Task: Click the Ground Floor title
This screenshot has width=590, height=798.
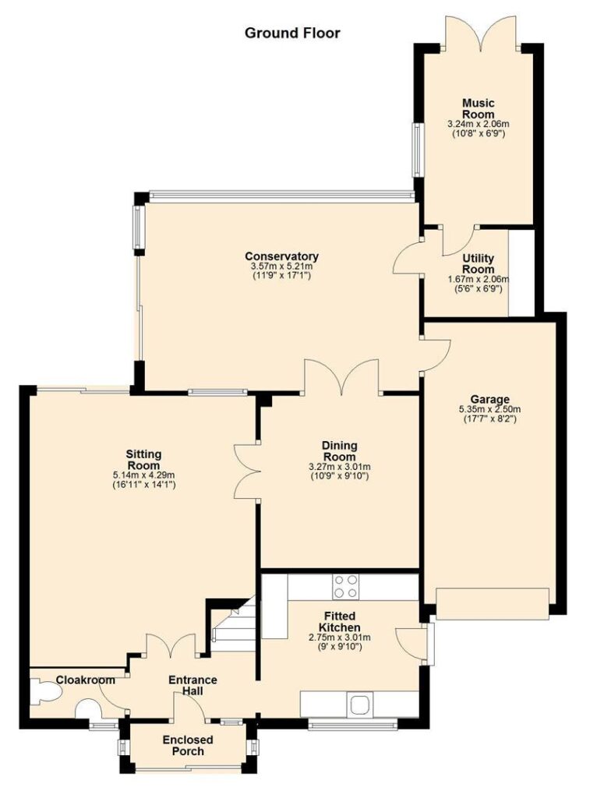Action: pos(292,34)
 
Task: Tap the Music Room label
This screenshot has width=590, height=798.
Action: pos(478,109)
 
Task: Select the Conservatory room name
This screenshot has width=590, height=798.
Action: pos(281,256)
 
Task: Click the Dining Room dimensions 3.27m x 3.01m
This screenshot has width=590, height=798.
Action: pos(339,467)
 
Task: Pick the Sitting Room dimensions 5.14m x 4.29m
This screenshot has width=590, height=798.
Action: pos(144,475)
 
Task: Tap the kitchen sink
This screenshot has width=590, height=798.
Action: pos(360,704)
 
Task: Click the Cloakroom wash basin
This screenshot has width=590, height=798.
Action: pos(89,709)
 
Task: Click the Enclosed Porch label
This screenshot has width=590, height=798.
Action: pos(188,746)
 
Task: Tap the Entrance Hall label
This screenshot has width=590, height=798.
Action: pos(193,685)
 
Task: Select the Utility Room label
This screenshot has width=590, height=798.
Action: pos(478,263)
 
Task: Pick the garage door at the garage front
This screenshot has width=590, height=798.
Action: pos(493,604)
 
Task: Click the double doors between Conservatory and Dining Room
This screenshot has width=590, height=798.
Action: pos(341,376)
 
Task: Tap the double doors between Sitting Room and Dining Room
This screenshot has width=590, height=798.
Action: pos(247,470)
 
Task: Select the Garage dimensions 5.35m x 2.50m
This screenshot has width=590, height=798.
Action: pos(489,409)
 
